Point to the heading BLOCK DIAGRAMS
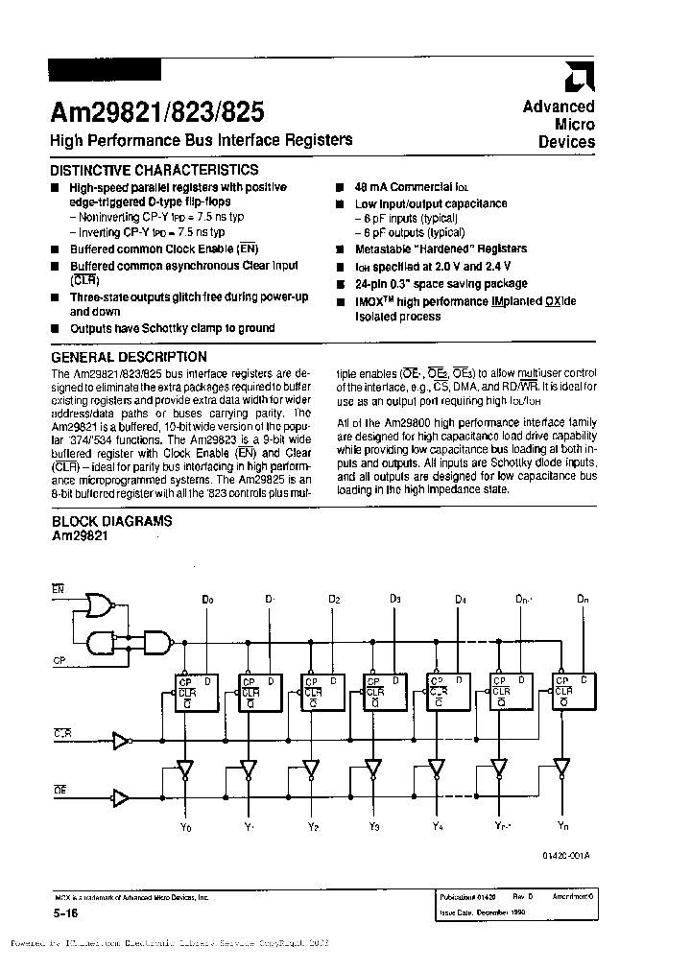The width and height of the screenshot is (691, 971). pos(111,521)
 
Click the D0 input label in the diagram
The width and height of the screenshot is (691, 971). pos(207,600)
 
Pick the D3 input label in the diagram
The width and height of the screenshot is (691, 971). pos(395,600)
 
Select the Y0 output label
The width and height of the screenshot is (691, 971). pos(186,826)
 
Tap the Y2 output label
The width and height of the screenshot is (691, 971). pos(313,826)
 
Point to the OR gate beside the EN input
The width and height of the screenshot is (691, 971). pos(98,604)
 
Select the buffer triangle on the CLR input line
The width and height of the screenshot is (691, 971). pos(121,740)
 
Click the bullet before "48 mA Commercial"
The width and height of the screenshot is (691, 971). pos(340,188)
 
